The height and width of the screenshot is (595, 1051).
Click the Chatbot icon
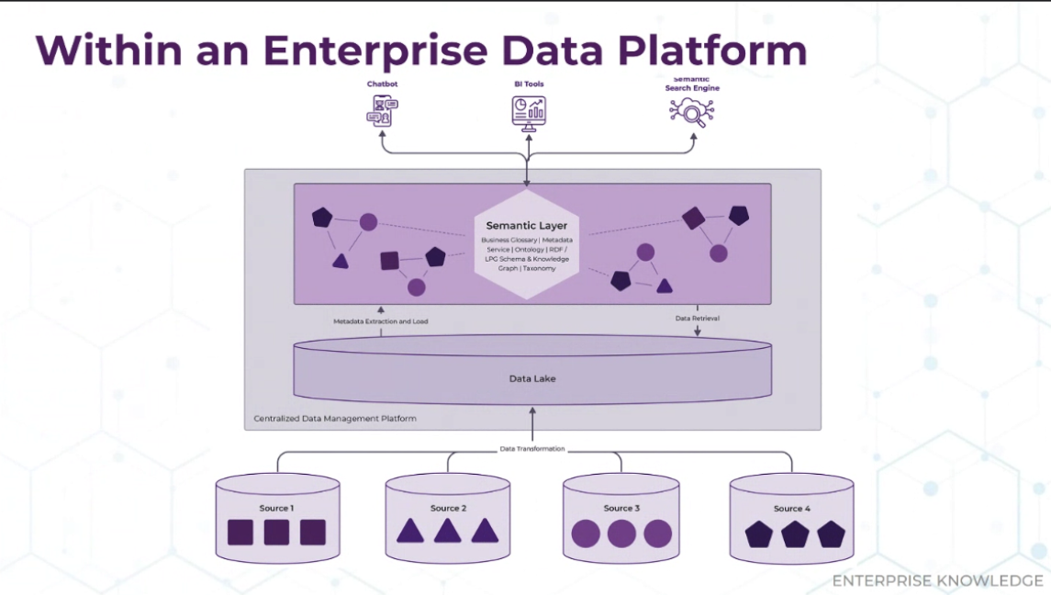[x=382, y=111]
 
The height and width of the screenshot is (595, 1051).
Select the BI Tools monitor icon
[x=529, y=113]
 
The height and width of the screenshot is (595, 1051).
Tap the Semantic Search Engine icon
[x=692, y=112]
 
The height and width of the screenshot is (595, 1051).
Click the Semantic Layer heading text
[x=527, y=225]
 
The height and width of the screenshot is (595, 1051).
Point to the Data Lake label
[x=532, y=378]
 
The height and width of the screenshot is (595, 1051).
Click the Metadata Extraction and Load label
[x=381, y=321]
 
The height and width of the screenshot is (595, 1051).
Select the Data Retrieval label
[x=697, y=318]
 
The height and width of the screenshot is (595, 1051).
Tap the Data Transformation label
[x=532, y=449]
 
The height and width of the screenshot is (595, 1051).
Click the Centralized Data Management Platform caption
[x=335, y=418]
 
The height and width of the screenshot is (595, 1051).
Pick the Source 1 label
[x=277, y=508]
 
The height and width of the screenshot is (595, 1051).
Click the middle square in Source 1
[x=276, y=533]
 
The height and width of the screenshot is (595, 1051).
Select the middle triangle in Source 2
[x=448, y=531]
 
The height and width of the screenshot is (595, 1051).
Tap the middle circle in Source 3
[x=621, y=534]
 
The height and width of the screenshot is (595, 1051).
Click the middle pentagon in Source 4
[x=795, y=534]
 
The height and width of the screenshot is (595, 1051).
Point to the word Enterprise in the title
[x=375, y=50]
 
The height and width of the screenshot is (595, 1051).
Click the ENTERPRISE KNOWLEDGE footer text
[x=938, y=580]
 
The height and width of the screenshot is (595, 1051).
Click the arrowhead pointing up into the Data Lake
[x=533, y=410]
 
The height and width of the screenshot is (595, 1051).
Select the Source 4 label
[x=791, y=509]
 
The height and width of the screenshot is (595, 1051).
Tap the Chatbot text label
[x=382, y=84]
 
